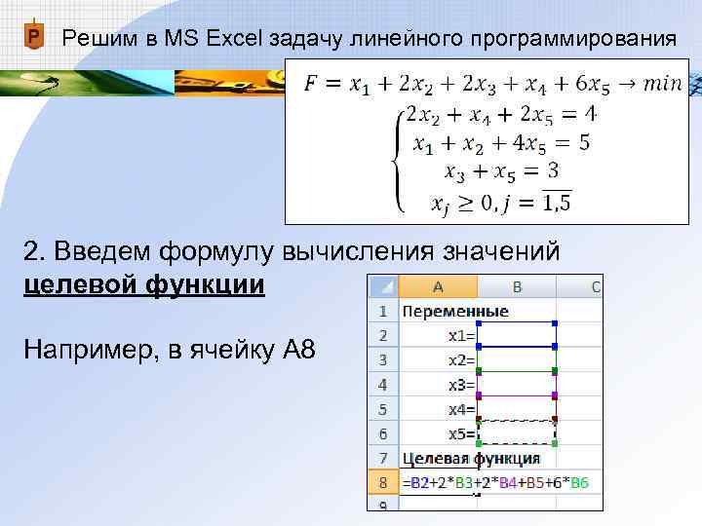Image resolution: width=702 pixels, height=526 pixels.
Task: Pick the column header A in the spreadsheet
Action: tap(438, 286)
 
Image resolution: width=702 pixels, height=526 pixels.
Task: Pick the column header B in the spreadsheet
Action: tap(517, 286)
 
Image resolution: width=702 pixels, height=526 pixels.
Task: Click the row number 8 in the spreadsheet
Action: tap(382, 483)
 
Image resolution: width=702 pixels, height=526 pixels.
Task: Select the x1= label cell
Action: tap(461, 336)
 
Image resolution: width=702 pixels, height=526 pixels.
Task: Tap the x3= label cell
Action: tap(461, 385)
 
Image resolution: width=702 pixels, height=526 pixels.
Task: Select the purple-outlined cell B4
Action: tap(516, 385)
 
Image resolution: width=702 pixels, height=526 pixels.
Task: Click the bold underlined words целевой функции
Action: tap(143, 285)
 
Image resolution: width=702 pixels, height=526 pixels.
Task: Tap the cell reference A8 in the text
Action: tap(291, 349)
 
